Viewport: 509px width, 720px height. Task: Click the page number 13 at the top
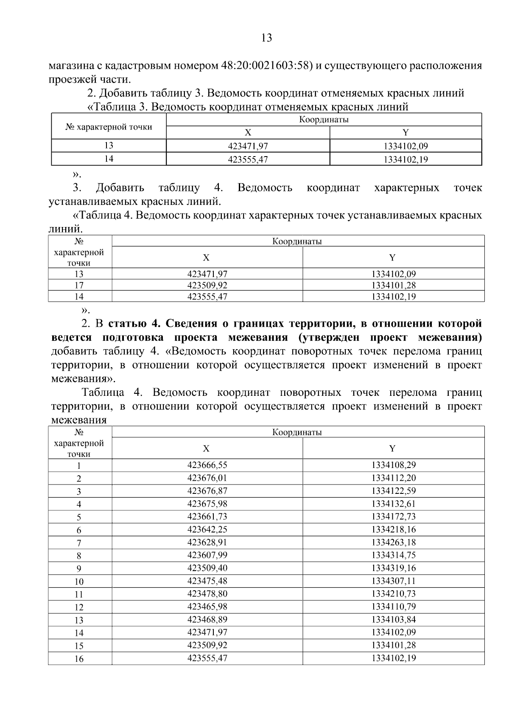pyautogui.click(x=266, y=38)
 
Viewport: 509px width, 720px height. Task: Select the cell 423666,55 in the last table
pyautogui.click(x=207, y=465)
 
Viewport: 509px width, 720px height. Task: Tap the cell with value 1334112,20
pyautogui.click(x=393, y=478)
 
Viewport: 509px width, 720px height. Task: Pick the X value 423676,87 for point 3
pyautogui.click(x=207, y=491)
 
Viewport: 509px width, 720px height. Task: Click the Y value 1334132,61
pyautogui.click(x=393, y=504)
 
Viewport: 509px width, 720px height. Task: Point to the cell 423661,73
pyautogui.click(x=207, y=516)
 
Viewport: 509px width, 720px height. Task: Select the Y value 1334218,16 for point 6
pyautogui.click(x=393, y=529)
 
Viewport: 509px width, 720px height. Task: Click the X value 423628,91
pyautogui.click(x=207, y=542)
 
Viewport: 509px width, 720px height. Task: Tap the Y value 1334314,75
pyautogui.click(x=393, y=555)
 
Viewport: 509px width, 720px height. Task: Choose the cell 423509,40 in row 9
pyautogui.click(x=207, y=568)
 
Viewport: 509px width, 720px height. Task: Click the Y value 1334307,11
pyautogui.click(x=393, y=581)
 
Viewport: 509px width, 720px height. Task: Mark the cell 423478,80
pyautogui.click(x=207, y=594)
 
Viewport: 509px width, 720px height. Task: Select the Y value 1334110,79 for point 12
pyautogui.click(x=393, y=607)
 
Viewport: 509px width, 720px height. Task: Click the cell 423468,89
pyautogui.click(x=207, y=619)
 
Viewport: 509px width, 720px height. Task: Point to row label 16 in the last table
pyautogui.click(x=79, y=659)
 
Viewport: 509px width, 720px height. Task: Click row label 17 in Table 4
pyautogui.click(x=79, y=285)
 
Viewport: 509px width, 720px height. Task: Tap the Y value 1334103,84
pyautogui.click(x=393, y=619)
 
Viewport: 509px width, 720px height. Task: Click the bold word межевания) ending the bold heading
pyautogui.click(x=450, y=338)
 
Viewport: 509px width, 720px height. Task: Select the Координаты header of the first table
pyautogui.click(x=324, y=120)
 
